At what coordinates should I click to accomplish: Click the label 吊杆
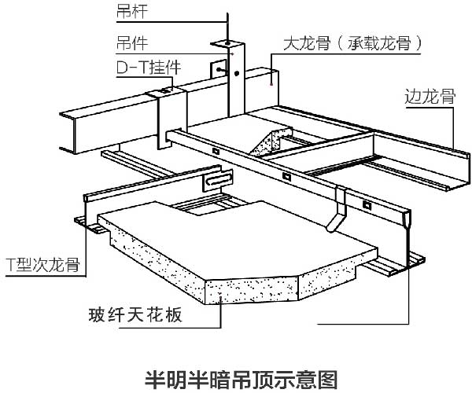[131, 12]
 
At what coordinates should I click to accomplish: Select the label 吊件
[132, 42]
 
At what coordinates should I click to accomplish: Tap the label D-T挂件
[149, 68]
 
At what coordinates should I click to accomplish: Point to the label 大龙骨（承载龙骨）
[352, 43]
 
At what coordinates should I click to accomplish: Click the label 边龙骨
[430, 96]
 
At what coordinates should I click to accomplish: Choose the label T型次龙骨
[43, 264]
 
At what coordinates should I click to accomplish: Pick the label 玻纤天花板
[135, 315]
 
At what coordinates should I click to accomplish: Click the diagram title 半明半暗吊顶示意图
[242, 380]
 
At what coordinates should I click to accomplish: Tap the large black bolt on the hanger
[237, 73]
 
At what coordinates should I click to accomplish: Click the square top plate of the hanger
[227, 44]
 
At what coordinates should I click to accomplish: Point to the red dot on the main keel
[271, 84]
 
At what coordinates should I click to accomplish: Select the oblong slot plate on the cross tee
[218, 181]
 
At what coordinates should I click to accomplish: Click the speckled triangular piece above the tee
[269, 141]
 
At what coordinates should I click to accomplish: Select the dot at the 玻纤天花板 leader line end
[220, 298]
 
